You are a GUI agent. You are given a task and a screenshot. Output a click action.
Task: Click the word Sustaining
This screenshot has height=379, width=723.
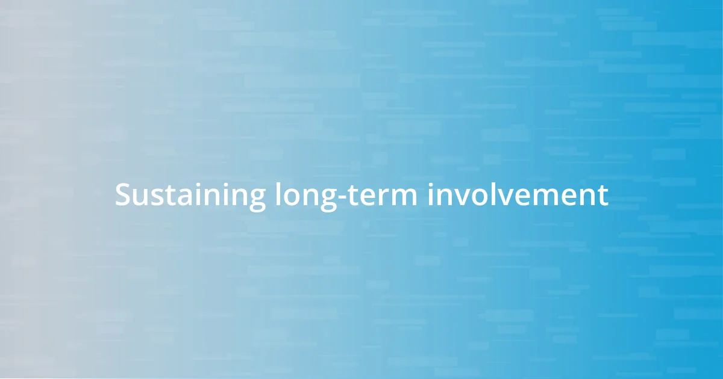pos(190,196)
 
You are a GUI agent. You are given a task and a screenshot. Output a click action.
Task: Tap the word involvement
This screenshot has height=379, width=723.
pos(518,196)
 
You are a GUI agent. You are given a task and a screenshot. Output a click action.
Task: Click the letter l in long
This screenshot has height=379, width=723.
pos(277,194)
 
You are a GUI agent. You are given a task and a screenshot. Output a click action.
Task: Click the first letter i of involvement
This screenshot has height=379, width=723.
pos(430,195)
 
